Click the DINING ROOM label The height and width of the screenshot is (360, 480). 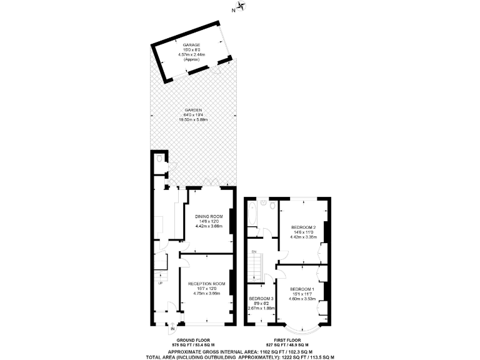pos(208,216)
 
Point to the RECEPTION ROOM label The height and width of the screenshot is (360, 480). pos(206,283)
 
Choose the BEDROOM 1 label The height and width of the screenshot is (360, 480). pos(302,289)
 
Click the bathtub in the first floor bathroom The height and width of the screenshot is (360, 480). pos(251,214)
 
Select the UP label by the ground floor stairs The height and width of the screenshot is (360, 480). pos(160,282)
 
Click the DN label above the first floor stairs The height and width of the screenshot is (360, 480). pos(254,252)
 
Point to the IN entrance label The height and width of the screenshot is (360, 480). pos(172,327)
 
